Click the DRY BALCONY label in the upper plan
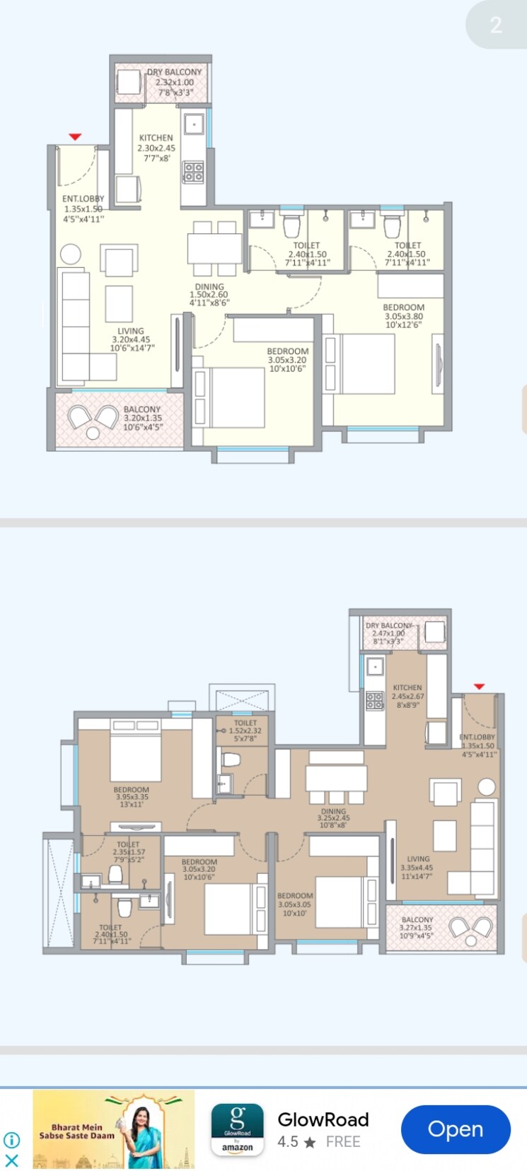coord(175,82)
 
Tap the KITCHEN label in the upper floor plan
coord(156,148)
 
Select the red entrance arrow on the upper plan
coord(75,136)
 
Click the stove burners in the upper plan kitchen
coord(194,172)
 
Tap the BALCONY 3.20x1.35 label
coord(142,418)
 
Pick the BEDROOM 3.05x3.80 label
coord(404,316)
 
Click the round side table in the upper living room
coord(70,254)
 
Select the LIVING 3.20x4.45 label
coord(131,339)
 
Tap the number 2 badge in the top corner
coord(496,25)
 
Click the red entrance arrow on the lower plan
coord(479,687)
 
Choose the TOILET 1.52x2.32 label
coord(245,730)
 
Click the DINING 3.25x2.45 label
coord(334,818)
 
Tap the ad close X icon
coord(12,1160)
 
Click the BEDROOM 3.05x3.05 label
coord(295,904)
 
